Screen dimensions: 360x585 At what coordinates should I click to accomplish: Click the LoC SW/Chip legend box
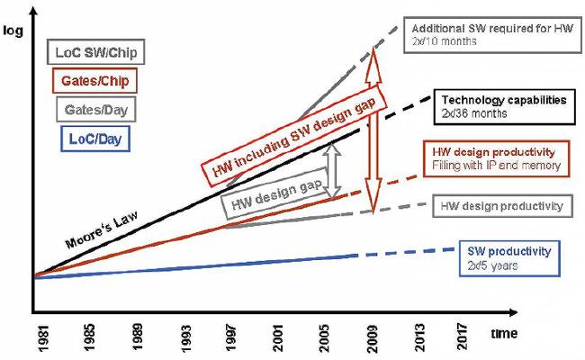point(88,53)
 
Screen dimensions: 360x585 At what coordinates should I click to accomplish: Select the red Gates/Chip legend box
point(88,81)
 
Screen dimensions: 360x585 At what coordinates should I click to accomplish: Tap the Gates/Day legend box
point(88,110)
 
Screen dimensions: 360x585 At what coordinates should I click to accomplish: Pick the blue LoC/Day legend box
point(88,138)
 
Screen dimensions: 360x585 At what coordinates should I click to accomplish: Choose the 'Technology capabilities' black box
point(503,106)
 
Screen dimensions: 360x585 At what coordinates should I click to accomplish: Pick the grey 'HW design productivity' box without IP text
point(503,206)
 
